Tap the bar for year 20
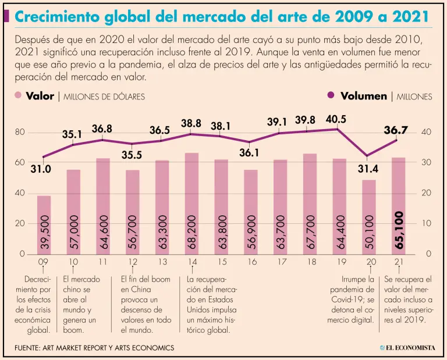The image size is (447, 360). [x=369, y=216]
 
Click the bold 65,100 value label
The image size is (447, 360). [x=399, y=231]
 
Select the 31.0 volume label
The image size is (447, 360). [x=41, y=169]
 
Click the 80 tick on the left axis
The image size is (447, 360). [x=20, y=132]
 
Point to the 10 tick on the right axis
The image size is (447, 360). [x=427, y=223]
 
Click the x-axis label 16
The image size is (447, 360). [x=251, y=262]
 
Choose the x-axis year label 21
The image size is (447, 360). [x=399, y=262]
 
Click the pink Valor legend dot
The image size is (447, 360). [x=18, y=96]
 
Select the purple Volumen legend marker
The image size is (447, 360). [x=332, y=96]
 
